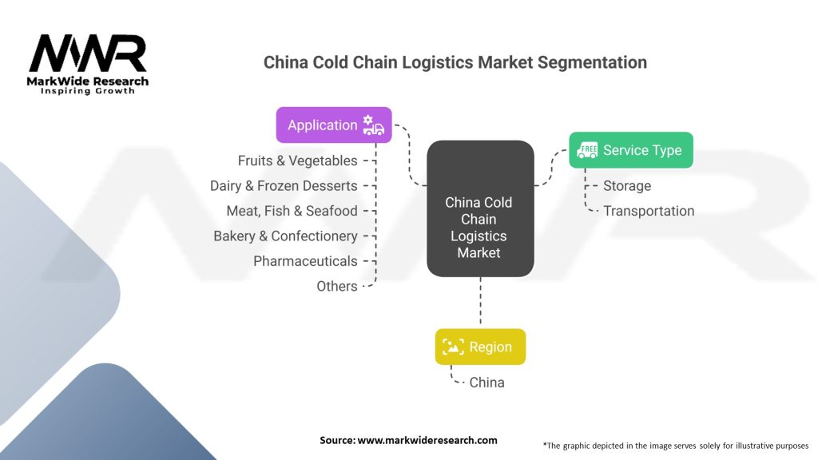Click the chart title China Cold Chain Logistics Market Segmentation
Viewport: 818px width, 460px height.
click(x=455, y=62)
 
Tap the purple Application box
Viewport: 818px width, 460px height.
click(x=334, y=125)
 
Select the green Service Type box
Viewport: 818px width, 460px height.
click(x=630, y=150)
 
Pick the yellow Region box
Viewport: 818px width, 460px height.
click(x=480, y=347)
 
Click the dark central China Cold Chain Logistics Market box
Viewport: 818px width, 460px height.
click(x=479, y=209)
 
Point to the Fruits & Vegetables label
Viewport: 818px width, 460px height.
click(x=297, y=161)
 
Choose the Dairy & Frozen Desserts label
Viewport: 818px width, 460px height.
click(x=284, y=185)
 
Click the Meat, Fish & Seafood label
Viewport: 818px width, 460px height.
click(x=292, y=211)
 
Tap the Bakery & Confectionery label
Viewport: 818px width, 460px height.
click(x=285, y=236)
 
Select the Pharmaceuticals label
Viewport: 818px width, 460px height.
click(x=305, y=261)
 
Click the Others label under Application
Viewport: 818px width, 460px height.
click(x=337, y=286)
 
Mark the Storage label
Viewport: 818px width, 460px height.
click(x=627, y=186)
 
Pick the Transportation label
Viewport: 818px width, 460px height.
click(x=649, y=211)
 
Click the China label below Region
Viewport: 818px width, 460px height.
click(x=486, y=383)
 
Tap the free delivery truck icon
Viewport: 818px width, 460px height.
click(x=587, y=150)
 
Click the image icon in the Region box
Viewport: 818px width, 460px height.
click(x=453, y=347)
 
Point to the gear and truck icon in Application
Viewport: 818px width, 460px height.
click(x=373, y=125)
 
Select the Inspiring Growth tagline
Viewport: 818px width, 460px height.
click(x=88, y=92)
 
